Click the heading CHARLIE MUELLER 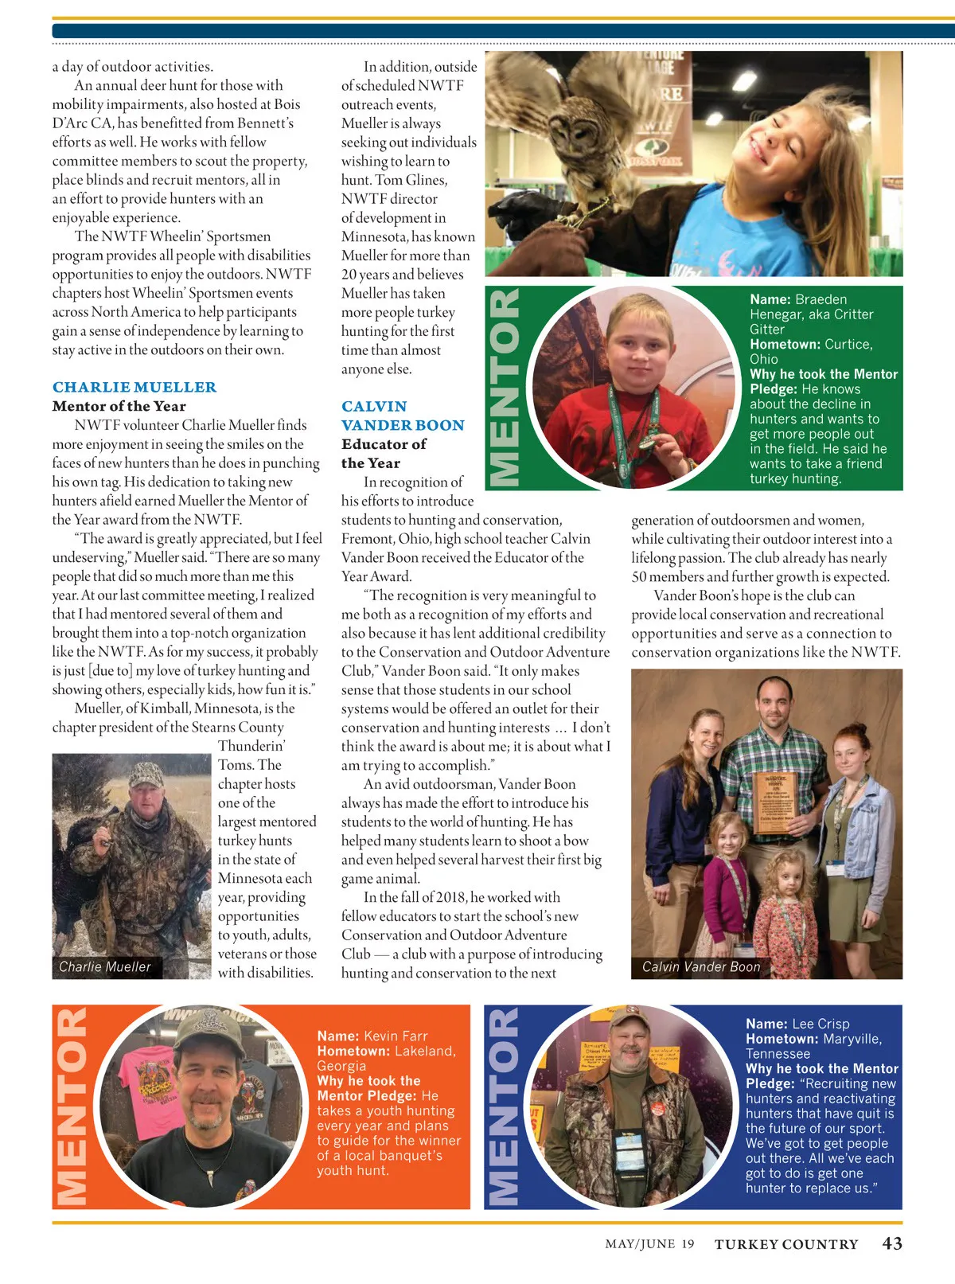(x=134, y=388)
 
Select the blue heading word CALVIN (x=374, y=407)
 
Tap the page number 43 (x=892, y=1243)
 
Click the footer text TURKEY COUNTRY (x=786, y=1244)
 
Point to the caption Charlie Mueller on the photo (x=104, y=967)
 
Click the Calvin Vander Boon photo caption (x=701, y=967)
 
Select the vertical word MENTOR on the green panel (x=505, y=388)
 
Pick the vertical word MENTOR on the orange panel (x=72, y=1106)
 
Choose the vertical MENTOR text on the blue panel (x=503, y=1106)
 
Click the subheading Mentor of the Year (x=119, y=406)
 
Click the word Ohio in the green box (x=764, y=359)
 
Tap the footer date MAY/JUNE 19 (x=649, y=1244)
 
